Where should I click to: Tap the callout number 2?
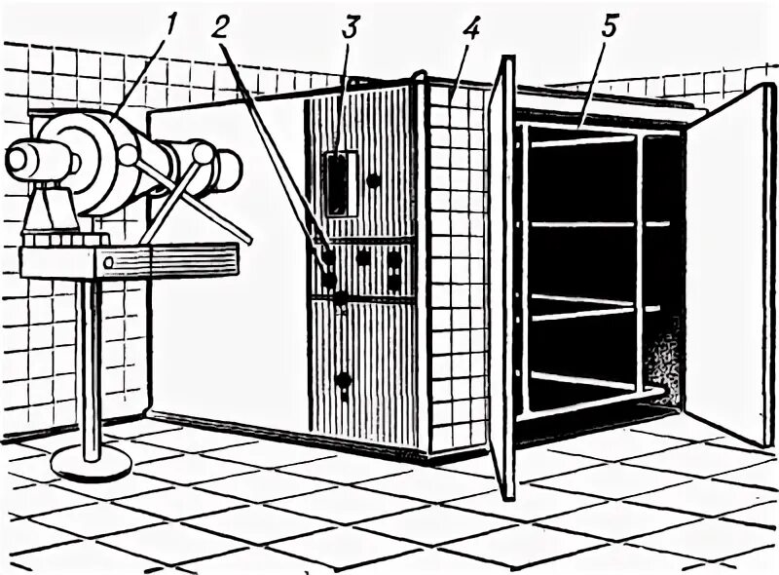coord(227,27)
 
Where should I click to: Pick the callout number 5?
coord(609,27)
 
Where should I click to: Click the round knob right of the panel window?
coord(373,180)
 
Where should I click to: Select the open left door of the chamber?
coord(501,283)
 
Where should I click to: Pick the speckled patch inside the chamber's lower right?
coord(666,361)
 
